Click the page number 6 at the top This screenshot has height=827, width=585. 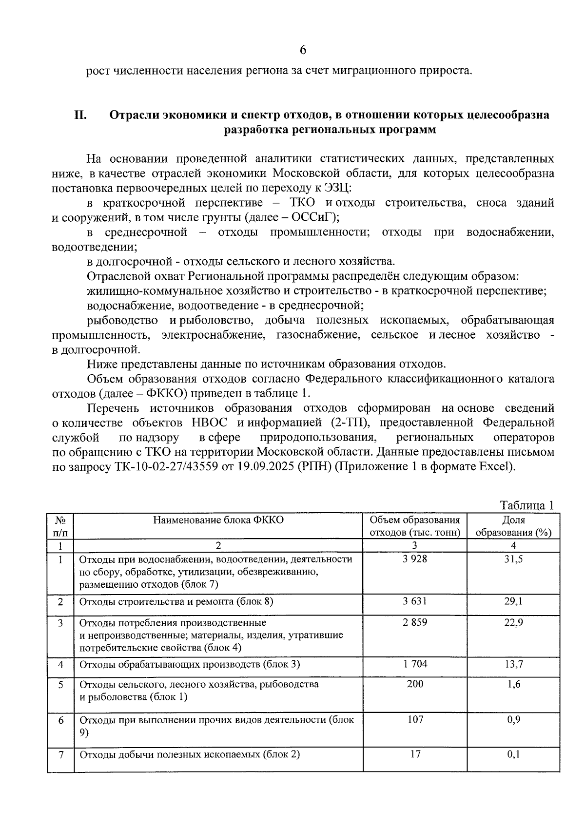coord(303,50)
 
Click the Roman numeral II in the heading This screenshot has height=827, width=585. coord(80,115)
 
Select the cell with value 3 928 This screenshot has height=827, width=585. coord(415,559)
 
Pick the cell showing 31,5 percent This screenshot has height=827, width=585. coord(513,559)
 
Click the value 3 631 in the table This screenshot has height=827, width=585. coord(415,601)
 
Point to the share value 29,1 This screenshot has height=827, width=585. coord(513,601)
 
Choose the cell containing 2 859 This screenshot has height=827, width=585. coord(415,622)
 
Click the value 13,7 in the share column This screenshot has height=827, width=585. coord(513,664)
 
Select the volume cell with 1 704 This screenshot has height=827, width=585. coord(415,664)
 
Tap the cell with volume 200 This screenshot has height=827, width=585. coord(415,684)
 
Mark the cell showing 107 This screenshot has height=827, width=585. coord(415,719)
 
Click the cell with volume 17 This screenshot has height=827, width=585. coord(415,754)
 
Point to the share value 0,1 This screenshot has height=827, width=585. coord(513,754)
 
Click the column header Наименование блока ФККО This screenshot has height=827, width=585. coord(218,519)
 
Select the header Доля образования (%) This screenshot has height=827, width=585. coord(513,526)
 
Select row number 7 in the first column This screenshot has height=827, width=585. coord(61,755)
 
